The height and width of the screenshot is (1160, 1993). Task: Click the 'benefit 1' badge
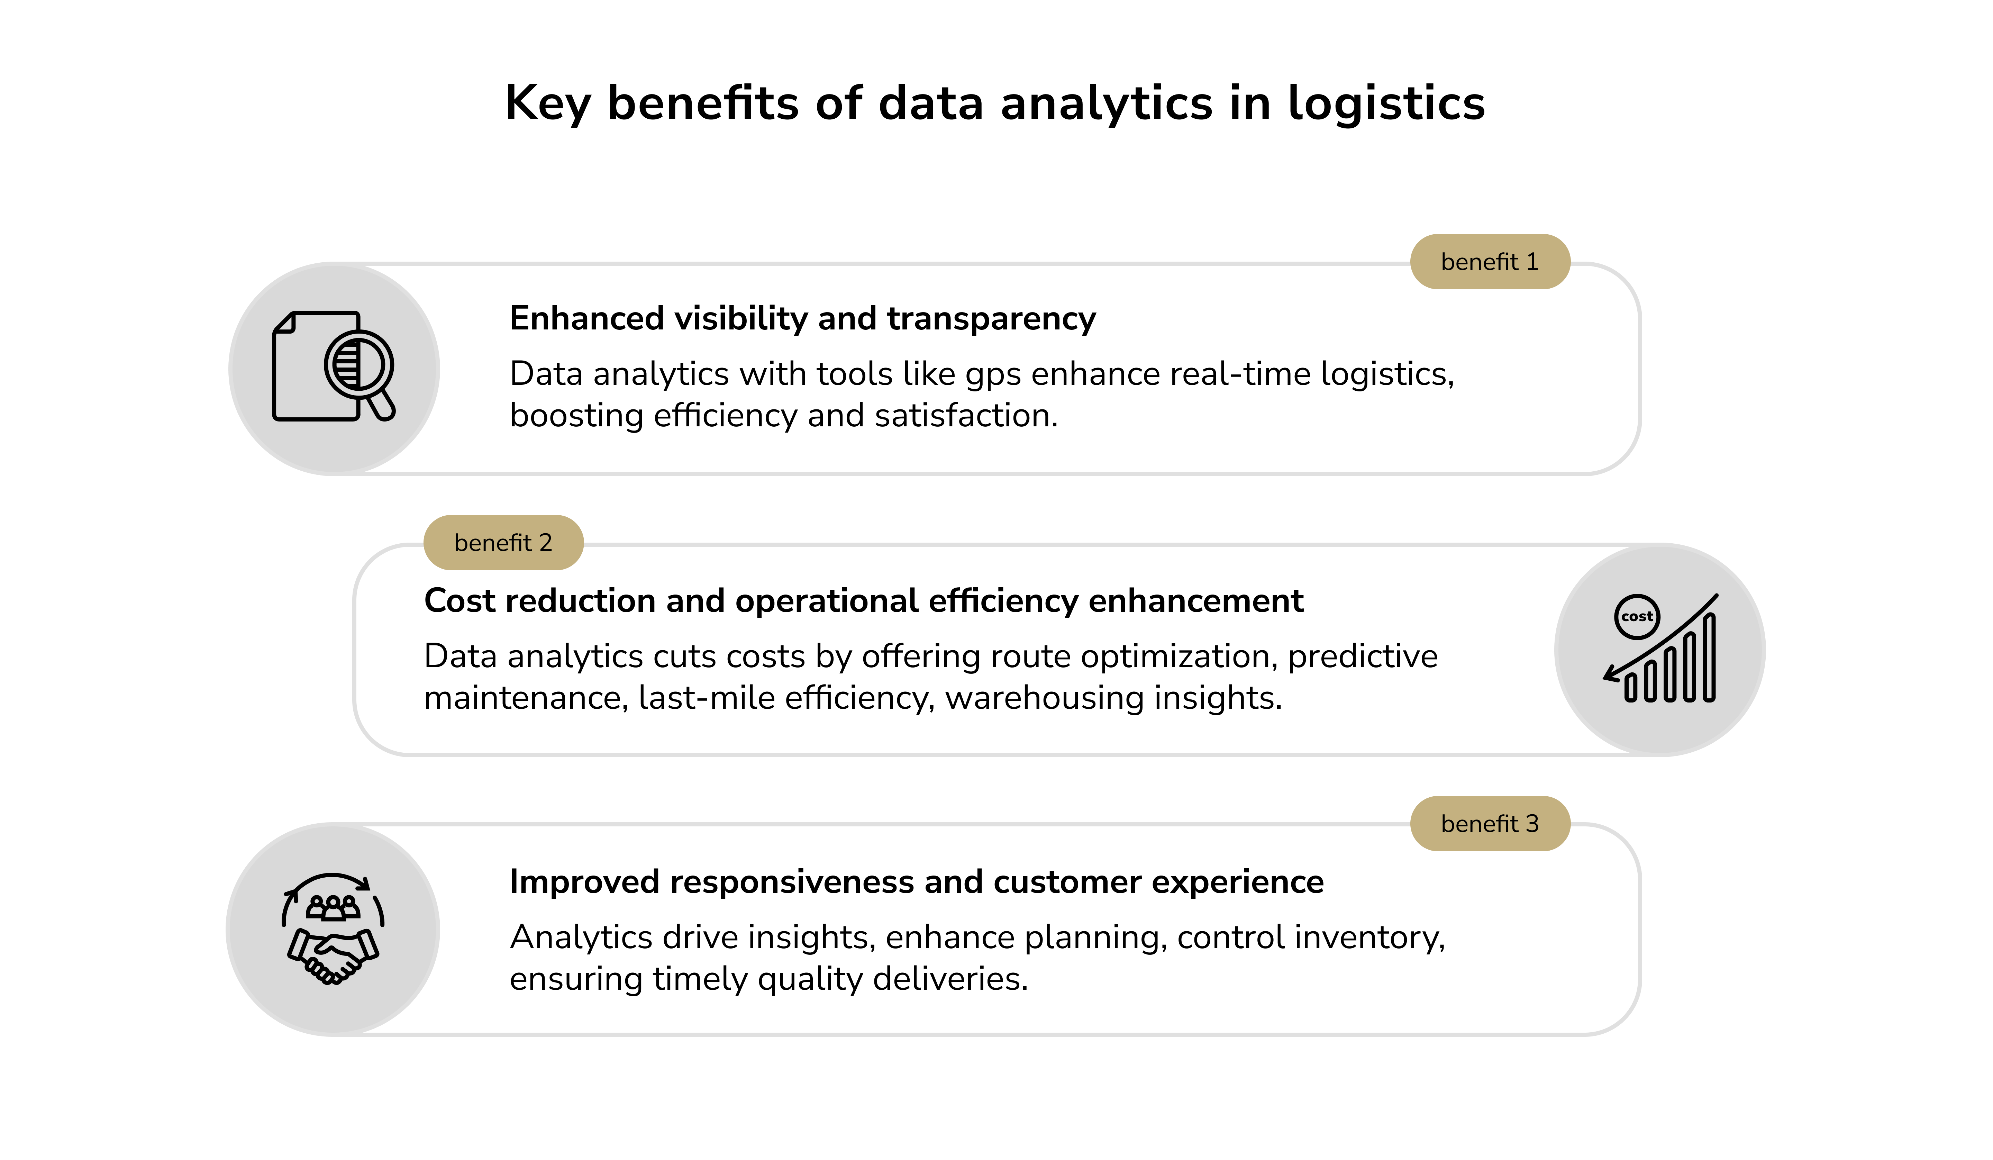[x=1489, y=262]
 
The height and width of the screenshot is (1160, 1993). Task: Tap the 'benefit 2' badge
[x=503, y=543]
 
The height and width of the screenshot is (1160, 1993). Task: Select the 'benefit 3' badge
[x=1489, y=824]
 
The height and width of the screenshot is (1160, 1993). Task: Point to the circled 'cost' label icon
[x=1636, y=616]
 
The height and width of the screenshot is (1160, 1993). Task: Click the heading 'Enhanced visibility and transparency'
[x=802, y=318]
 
